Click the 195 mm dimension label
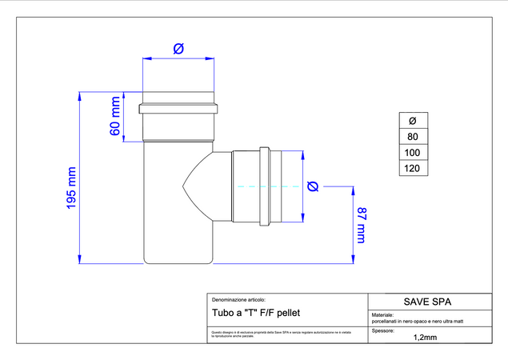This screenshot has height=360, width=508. point(70,189)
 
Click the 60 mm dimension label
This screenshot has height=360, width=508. point(115,117)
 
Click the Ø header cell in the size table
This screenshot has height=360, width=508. point(413,121)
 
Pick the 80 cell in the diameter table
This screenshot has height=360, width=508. point(413,137)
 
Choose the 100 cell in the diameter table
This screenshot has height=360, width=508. point(413,152)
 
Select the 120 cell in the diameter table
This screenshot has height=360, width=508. point(413,168)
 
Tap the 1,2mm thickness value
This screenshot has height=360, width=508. point(424,338)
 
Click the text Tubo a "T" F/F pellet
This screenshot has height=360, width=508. point(256,312)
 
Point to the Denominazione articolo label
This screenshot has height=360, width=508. point(238,298)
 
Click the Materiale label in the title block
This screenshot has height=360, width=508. point(383,315)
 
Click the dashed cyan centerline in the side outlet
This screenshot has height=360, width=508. point(256,186)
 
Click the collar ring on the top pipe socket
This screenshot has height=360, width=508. point(178,109)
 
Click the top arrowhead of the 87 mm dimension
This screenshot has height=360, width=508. point(351,191)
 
